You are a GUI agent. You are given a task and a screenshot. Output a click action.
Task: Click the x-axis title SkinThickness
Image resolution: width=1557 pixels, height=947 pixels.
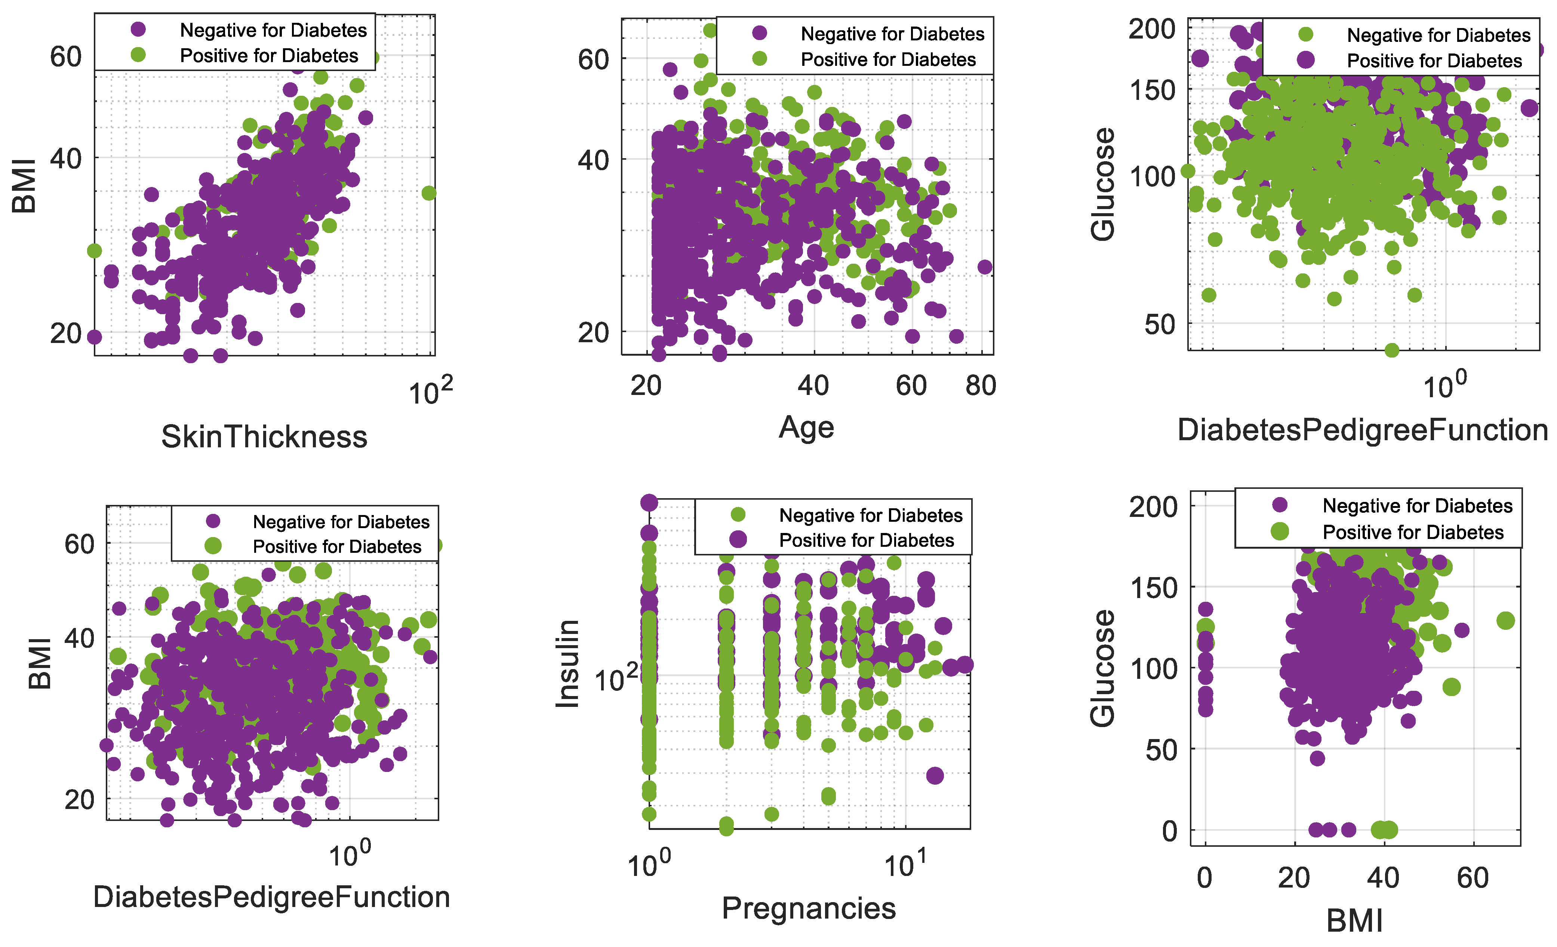coord(264,437)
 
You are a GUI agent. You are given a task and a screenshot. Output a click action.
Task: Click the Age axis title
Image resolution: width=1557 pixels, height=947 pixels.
coord(806,427)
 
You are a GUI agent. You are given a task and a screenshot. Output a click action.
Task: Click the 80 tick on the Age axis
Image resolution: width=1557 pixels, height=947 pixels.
coord(981,386)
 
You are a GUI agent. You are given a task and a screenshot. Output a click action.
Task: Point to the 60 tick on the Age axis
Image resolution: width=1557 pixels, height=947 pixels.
coord(911,386)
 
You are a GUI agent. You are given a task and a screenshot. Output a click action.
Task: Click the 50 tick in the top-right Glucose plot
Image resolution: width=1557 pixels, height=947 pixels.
coord(1160,324)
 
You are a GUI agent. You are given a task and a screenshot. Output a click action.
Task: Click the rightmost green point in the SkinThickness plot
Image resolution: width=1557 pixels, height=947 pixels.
coord(428,193)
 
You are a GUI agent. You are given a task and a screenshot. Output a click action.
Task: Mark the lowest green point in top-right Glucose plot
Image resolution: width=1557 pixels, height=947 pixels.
coord(1391,350)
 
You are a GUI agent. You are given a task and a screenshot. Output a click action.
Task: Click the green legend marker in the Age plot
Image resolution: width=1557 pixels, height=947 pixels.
coord(760,59)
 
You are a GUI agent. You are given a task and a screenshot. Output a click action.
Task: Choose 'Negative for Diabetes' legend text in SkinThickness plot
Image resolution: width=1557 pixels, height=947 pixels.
coord(273,30)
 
